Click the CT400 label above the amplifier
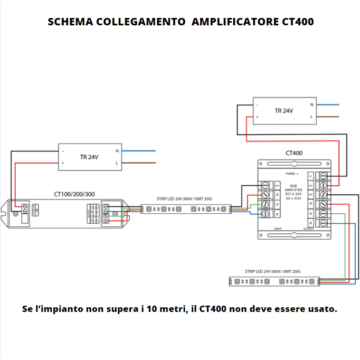pyautogui.click(x=294, y=153)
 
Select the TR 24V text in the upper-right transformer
pyautogui.click(x=283, y=111)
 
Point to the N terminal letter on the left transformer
pyautogui.click(x=117, y=151)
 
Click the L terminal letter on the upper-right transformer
pyautogui.click(x=311, y=117)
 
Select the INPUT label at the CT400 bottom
pyautogui.click(x=278, y=229)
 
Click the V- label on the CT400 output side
pyautogui.click(x=311, y=175)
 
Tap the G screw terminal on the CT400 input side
pyautogui.click(x=266, y=204)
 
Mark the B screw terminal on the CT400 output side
pyautogui.click(x=323, y=223)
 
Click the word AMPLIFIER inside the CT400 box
pyautogui.click(x=293, y=190)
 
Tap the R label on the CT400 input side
pyautogui.click(x=277, y=195)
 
